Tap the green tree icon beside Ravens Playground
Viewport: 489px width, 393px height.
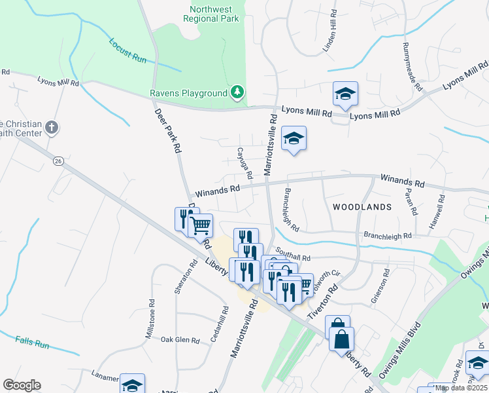[x=237, y=94]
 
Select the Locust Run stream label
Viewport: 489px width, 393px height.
[x=128, y=51]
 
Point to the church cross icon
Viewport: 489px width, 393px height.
[x=52, y=128]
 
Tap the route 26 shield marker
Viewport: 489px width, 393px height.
[x=58, y=161]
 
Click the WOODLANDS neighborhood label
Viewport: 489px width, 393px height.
[x=362, y=206]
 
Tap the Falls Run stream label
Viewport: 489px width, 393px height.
[x=32, y=342]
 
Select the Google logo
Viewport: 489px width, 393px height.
[x=22, y=385]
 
